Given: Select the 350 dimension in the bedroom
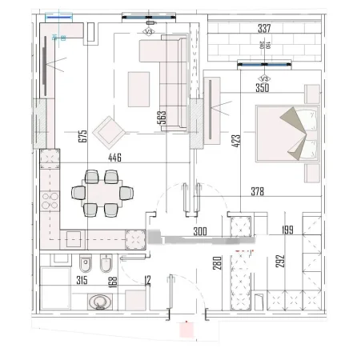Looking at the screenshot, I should (263, 89).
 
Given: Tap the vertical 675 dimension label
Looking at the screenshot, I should (82, 136).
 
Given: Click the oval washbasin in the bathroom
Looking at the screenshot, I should (99, 302).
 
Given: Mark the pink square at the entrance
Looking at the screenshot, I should (186, 328).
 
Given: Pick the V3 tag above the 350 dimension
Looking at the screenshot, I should (265, 78).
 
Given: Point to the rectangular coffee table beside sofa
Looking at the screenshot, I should (138, 88).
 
